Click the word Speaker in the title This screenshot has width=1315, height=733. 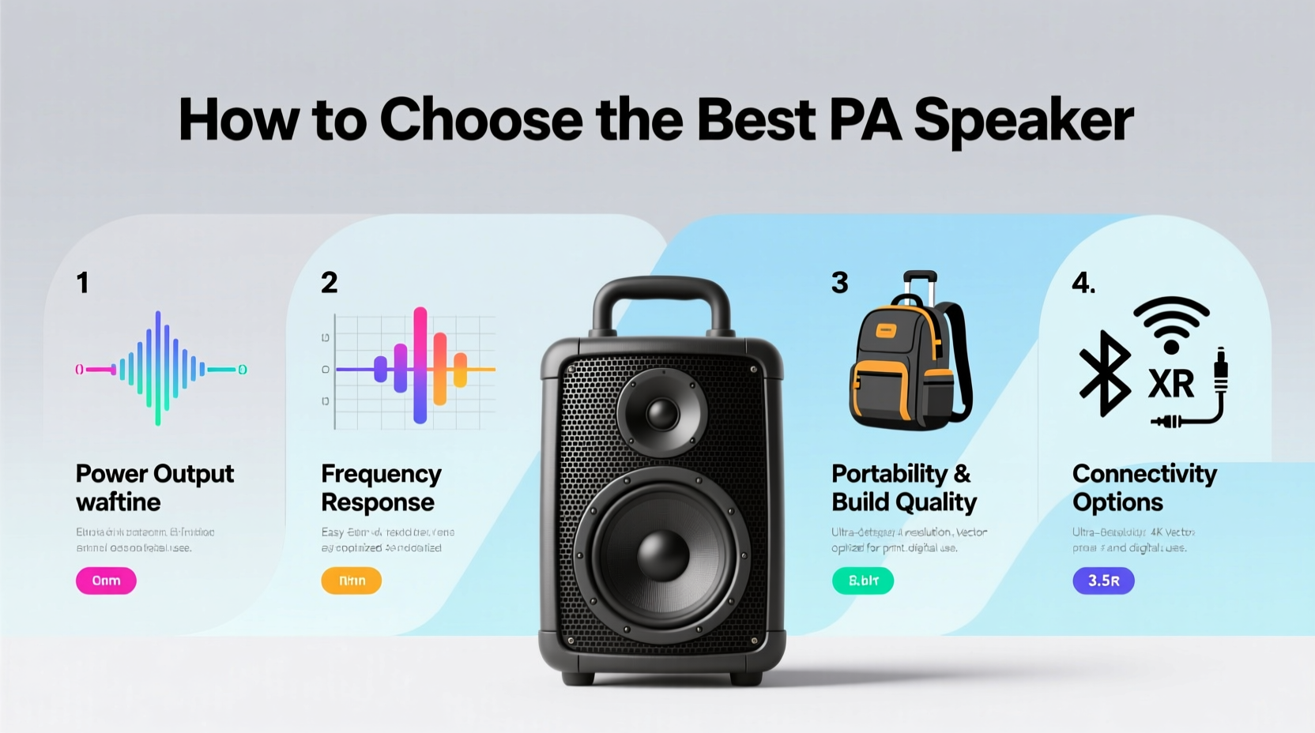pyautogui.click(x=1023, y=121)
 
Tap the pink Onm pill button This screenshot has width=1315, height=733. pyautogui.click(x=106, y=581)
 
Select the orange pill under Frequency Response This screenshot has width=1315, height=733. pyautogui.click(x=351, y=581)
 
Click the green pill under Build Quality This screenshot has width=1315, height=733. pyautogui.click(x=863, y=581)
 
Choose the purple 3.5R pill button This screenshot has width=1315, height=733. pyautogui.click(x=1103, y=581)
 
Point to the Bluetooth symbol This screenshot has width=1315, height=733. pyautogui.click(x=1105, y=374)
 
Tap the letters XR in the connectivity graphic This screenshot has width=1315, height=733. pyautogui.click(x=1171, y=385)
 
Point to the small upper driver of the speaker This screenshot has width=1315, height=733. pyautogui.click(x=662, y=412)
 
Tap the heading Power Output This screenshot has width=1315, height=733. pyautogui.click(x=155, y=474)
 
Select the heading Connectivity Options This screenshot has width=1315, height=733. pyautogui.click(x=1144, y=487)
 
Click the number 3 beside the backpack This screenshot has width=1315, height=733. pyautogui.click(x=839, y=283)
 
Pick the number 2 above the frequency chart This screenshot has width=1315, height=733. pyautogui.click(x=330, y=283)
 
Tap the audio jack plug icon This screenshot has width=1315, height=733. pyautogui.click(x=1220, y=371)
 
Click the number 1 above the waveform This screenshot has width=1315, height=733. pyautogui.click(x=82, y=283)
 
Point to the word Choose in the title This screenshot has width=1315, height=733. pyautogui.click(x=480, y=121)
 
